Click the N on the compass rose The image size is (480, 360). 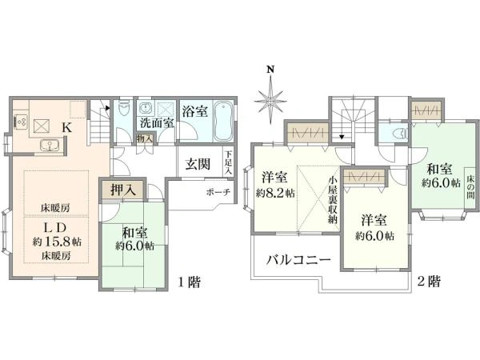[270, 70]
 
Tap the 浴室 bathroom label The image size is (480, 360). [194, 111]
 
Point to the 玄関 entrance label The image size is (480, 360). [198, 164]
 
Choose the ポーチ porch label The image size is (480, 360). [218, 192]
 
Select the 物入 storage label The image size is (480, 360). [144, 138]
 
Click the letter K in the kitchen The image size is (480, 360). [67, 126]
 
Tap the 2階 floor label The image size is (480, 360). [427, 282]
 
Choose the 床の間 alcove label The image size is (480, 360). [470, 182]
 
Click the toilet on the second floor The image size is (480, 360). [400, 134]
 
